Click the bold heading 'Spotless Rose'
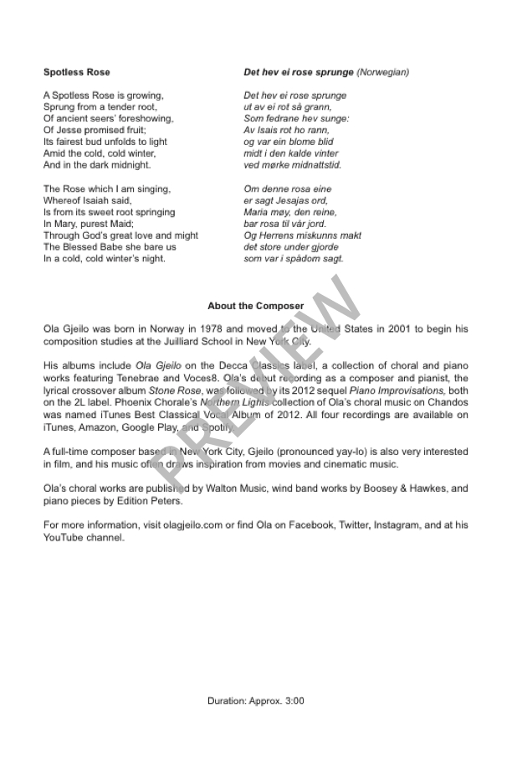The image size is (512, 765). [x=77, y=72]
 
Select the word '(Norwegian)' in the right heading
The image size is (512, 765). [x=382, y=72]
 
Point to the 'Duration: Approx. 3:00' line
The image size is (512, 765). [x=256, y=700]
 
